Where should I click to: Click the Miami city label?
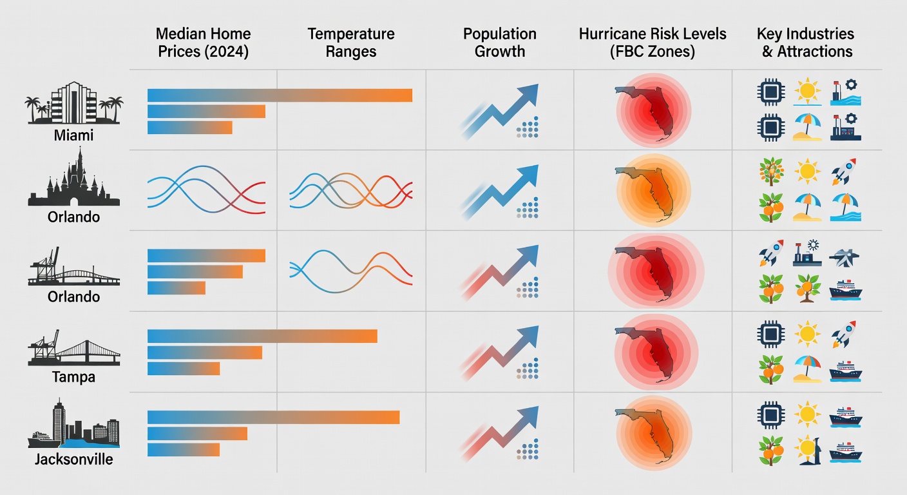pyautogui.click(x=73, y=136)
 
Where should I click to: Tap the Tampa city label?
pyautogui.click(x=73, y=377)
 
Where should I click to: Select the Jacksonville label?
pyautogui.click(x=73, y=460)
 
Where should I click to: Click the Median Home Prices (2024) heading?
pyautogui.click(x=203, y=43)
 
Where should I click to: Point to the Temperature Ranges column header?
pyautogui.click(x=351, y=43)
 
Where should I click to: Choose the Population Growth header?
pyautogui.click(x=500, y=43)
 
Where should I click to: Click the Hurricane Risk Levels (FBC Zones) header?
pyautogui.click(x=652, y=43)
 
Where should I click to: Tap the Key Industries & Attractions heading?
pyautogui.click(x=807, y=43)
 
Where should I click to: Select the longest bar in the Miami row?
pyautogui.click(x=280, y=95)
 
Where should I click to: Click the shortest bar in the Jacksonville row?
pyautogui.click(x=184, y=449)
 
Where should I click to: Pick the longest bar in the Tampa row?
pyautogui.click(x=262, y=336)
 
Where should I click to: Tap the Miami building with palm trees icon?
pyautogui.click(x=73, y=103)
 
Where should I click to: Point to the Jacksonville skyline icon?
pyautogui.click(x=73, y=425)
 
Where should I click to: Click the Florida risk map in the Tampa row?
pyautogui.click(x=652, y=351)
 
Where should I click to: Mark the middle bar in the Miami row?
pyautogui.click(x=206, y=112)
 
